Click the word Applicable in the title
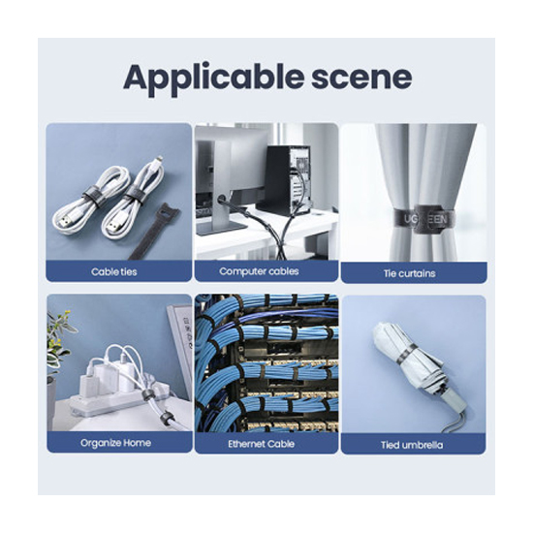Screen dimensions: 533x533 pos(213,78)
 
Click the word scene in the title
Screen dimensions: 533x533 pos(361,78)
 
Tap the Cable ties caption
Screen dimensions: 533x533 pos(114,271)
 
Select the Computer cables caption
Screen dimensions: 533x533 pos(259,271)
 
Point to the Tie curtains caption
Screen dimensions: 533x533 pos(409,273)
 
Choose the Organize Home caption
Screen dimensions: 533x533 pos(115,443)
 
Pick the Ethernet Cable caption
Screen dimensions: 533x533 pos(261,444)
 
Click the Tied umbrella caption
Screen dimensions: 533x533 pos(412,445)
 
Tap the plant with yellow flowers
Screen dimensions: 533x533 pos(58,340)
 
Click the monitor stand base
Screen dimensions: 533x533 pos(221,229)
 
